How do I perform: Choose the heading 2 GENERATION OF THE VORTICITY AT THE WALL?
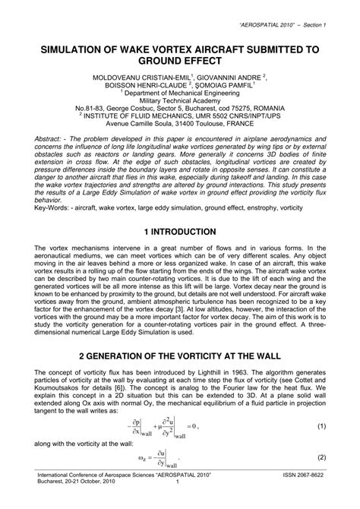click(180, 377)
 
